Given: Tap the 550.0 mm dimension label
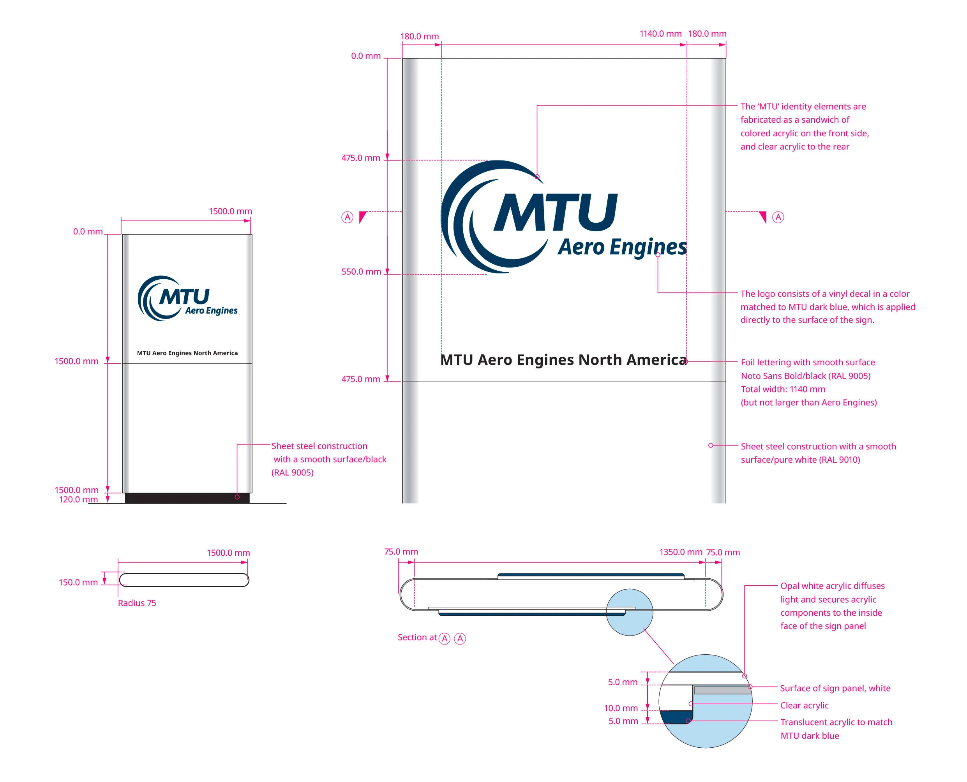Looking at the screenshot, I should coord(361,271).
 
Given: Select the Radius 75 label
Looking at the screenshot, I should coord(137,603).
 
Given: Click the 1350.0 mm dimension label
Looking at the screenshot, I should coord(680,552).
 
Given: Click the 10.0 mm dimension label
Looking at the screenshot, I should coord(621,708).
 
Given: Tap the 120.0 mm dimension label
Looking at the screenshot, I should coord(78,500).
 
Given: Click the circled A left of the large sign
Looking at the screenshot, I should coord(347,218).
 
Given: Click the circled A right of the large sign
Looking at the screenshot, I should coord(778,217).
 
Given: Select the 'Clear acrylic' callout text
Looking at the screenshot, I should coord(804,705).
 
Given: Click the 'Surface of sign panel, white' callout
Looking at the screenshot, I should coord(835,688).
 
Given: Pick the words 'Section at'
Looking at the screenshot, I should coord(417,638).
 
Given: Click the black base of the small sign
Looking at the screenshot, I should coord(187,498).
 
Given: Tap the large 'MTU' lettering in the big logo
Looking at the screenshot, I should coord(556,212).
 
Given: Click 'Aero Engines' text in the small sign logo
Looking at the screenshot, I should coord(211,311).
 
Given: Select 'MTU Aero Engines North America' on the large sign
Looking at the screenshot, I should coord(563,360).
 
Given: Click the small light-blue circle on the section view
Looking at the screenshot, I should coord(630,612).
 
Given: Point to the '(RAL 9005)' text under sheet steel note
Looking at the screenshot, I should coord(293,472).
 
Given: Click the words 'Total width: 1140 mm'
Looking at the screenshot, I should coord(783,389).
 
